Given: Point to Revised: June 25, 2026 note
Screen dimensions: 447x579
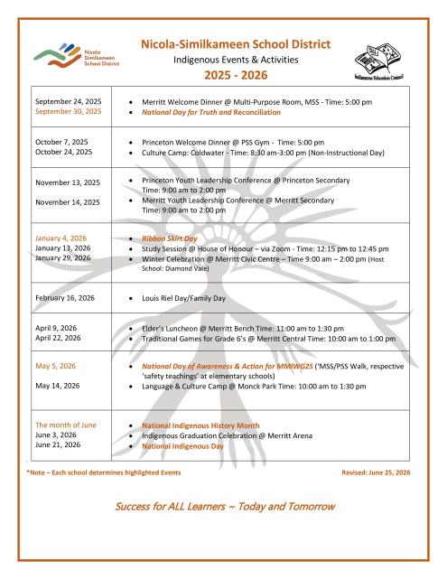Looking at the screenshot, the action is tap(376, 472).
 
